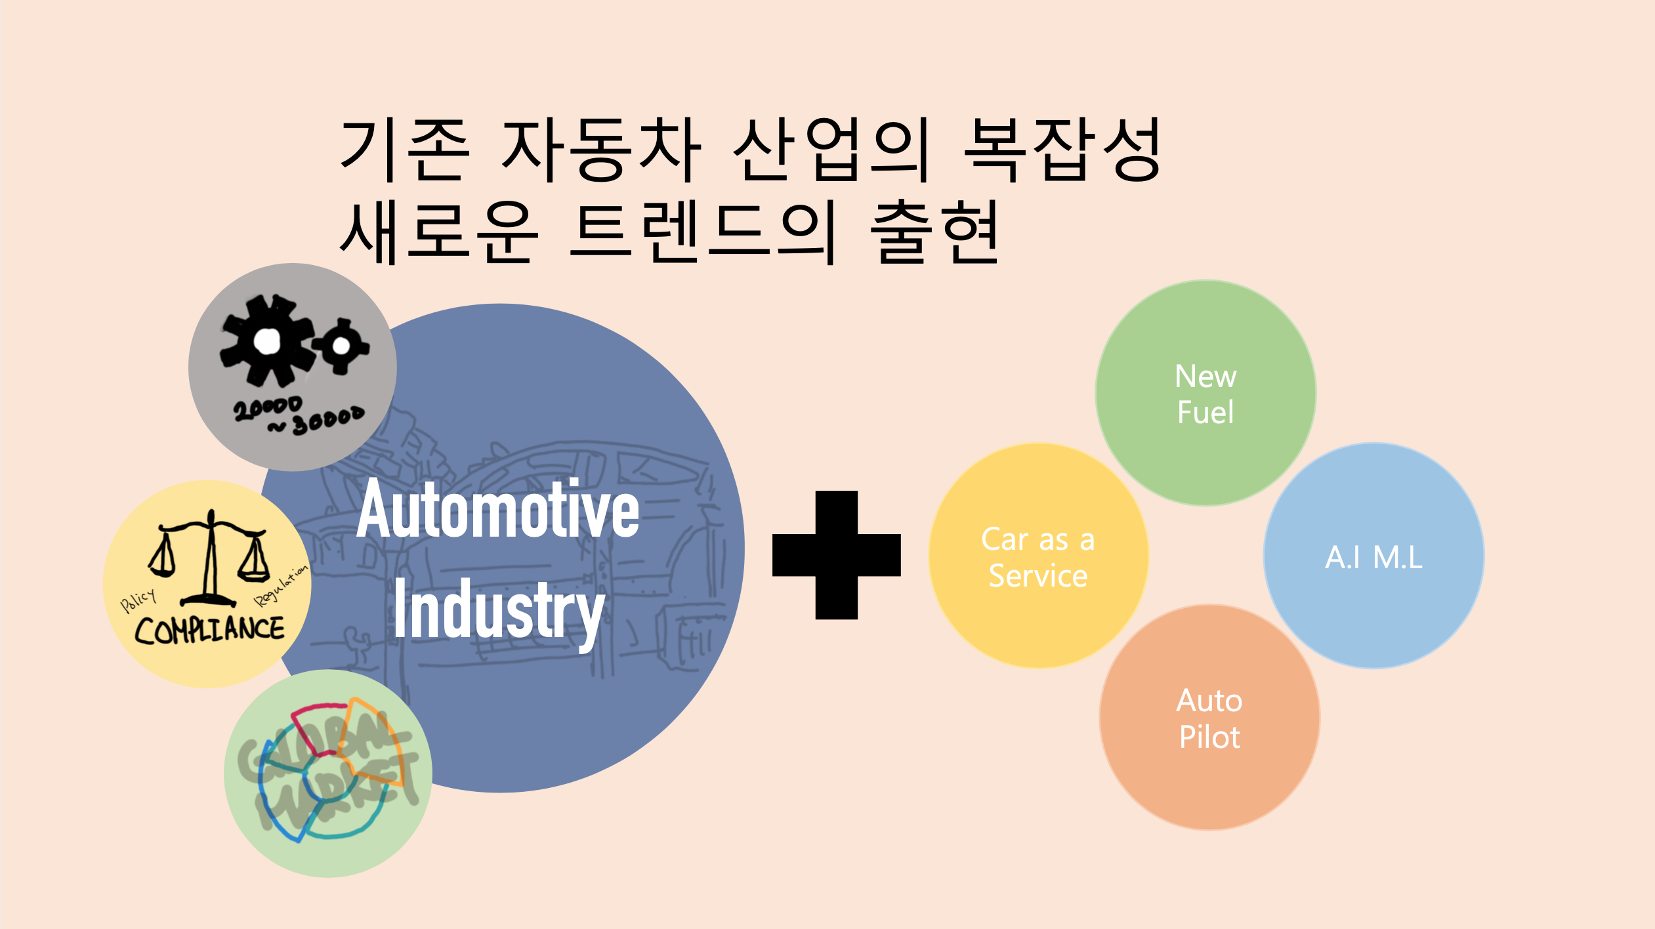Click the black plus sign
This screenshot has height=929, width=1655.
(836, 555)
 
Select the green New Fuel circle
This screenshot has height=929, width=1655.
(1205, 394)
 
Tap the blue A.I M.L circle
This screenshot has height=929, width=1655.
(1373, 556)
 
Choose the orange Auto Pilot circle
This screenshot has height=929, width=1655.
(1209, 718)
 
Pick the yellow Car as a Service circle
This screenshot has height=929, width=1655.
(1038, 556)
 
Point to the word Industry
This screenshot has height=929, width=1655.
(499, 610)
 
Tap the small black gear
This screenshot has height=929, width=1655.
(341, 345)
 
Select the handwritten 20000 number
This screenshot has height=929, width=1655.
(268, 408)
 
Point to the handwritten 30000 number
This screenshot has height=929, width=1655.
(325, 421)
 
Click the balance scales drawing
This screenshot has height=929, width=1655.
(209, 558)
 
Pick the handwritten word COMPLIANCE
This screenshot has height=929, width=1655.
(209, 630)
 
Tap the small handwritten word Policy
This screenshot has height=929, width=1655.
(138, 600)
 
